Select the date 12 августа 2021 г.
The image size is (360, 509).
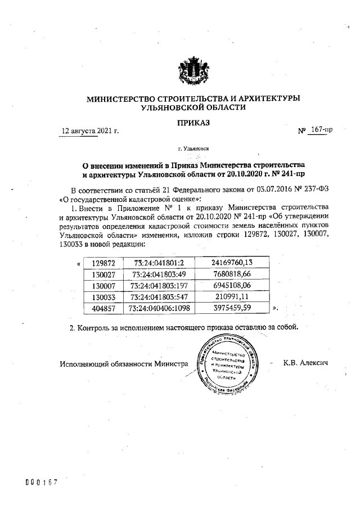click(91, 131)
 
